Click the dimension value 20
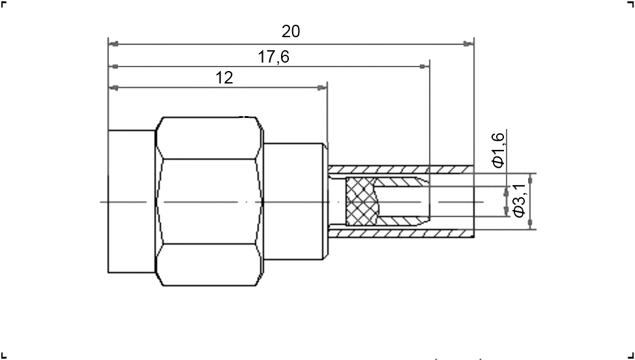click(x=291, y=31)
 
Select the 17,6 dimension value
click(x=274, y=57)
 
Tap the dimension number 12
click(x=224, y=78)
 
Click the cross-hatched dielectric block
click(x=362, y=202)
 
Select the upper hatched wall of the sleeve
click(x=400, y=170)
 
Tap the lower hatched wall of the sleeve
click(x=400, y=233)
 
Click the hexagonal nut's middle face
click(x=209, y=202)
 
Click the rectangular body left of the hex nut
click(x=132, y=202)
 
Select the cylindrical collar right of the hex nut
click(x=295, y=202)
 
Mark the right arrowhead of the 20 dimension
click(x=468, y=44)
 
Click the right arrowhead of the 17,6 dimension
click(x=424, y=66)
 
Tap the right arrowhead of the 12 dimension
click(x=322, y=87)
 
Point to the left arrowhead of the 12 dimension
click(x=114, y=87)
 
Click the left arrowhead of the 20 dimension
click(x=114, y=44)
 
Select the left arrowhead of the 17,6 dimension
click(x=114, y=66)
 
